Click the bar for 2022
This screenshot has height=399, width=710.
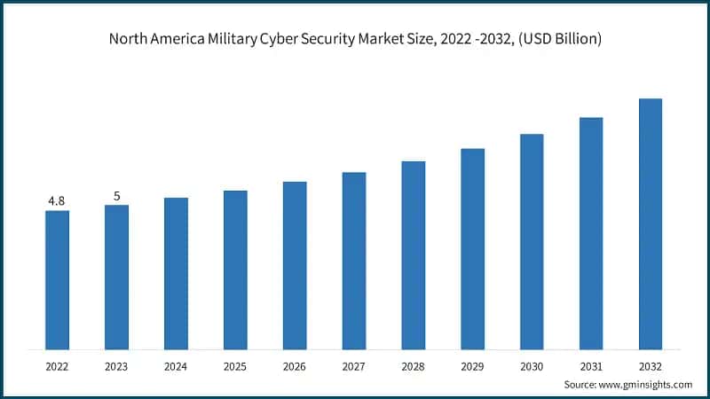(x=57, y=279)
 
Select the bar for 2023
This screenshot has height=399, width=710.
(x=116, y=277)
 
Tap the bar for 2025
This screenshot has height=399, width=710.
(x=235, y=270)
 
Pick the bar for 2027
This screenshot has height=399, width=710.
(x=354, y=260)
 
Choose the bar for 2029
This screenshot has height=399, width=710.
(x=473, y=248)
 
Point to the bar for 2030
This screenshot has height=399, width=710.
(x=532, y=241)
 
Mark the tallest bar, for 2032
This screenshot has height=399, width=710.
(x=651, y=223)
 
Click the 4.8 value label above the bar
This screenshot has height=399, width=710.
(x=57, y=201)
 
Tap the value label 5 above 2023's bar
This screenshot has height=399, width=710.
(x=116, y=196)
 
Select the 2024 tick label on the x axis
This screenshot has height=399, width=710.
(x=176, y=364)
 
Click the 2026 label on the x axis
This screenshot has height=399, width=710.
(x=295, y=364)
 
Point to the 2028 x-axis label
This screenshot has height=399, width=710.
(x=414, y=364)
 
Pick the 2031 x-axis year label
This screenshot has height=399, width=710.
(x=591, y=364)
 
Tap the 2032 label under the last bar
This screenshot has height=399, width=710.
(x=651, y=364)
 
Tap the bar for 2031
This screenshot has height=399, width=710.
(x=591, y=233)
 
